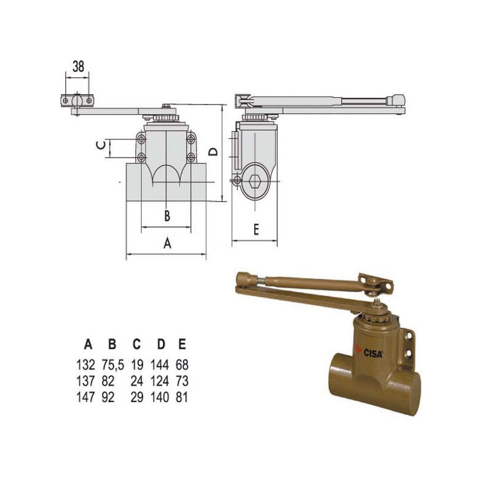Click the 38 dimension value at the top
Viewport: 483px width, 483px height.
point(78,66)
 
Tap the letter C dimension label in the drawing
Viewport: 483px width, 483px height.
point(101,145)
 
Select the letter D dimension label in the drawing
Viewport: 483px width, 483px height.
point(213,152)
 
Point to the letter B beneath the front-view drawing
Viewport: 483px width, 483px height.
point(167,216)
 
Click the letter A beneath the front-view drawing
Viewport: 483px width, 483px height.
point(167,243)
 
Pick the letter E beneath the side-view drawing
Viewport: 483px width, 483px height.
point(256,229)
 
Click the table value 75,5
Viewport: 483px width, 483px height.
point(113,365)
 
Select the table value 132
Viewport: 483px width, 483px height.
point(86,365)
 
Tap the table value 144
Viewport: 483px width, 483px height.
point(159,365)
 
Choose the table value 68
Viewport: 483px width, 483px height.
point(182,365)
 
